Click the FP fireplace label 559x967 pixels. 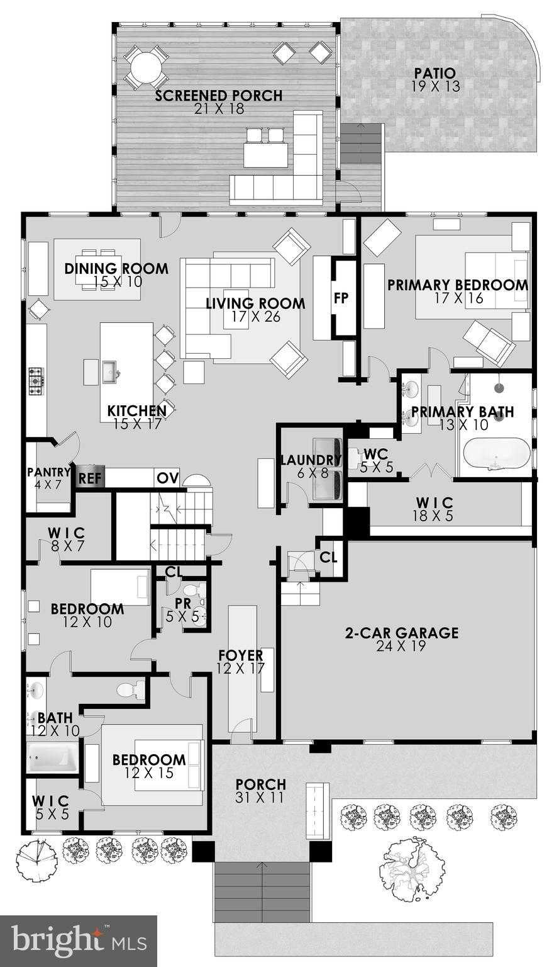[x=341, y=299]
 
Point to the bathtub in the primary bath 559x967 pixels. [x=497, y=454]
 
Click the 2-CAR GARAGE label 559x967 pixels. [x=401, y=633]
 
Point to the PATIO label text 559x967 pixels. [x=435, y=74]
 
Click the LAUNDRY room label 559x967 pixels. [x=311, y=460]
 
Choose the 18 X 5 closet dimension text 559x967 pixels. [x=434, y=516]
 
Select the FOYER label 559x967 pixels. [x=240, y=655]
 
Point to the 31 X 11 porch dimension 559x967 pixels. [x=260, y=798]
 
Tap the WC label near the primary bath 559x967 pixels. [x=375, y=454]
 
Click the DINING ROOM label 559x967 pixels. [x=116, y=269]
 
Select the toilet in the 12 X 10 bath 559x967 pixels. [x=131, y=690]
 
